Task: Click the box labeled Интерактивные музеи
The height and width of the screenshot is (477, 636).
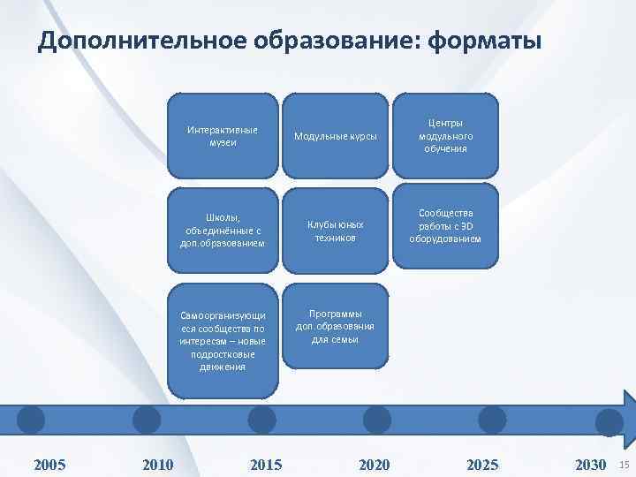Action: coord(223,136)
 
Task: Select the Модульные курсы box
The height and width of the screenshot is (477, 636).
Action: coord(335,136)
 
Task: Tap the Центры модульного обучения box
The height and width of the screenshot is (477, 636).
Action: coord(445,136)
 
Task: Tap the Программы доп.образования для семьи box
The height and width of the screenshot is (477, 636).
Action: coord(335,326)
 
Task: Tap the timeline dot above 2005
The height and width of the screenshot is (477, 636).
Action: coord(31,419)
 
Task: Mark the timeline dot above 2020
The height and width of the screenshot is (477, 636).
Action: coord(377,419)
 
